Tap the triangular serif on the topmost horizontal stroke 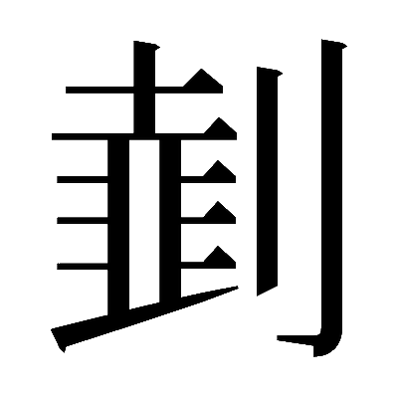[202, 80]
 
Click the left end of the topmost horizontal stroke [67, 90]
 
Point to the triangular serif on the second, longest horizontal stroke [220, 127]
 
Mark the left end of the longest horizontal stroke [53, 136]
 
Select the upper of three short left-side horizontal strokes [83, 179]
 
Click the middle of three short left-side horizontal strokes [83, 220]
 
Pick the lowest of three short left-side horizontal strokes [83, 266]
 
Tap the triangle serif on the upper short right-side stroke [220, 172]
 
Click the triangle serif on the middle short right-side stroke [220, 213]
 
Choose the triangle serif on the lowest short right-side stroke [220, 258]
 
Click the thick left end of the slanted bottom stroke [58, 338]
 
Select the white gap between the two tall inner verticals [144, 223]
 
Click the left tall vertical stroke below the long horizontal [118, 226]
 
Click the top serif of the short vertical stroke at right [270, 72]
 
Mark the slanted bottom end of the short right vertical [267, 290]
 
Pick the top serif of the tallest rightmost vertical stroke [334, 44]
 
